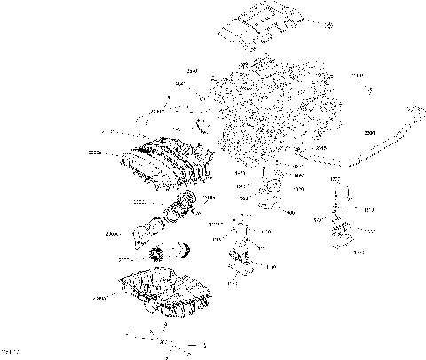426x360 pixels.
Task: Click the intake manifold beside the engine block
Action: pos(164,164)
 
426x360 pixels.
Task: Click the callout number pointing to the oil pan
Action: pos(99,300)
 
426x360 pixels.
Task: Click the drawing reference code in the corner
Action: pos(11,354)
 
